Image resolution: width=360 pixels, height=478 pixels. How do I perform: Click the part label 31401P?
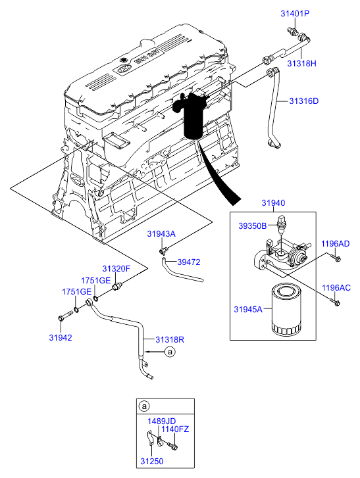point(295,13)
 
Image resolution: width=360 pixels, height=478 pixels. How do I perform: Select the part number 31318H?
point(301,63)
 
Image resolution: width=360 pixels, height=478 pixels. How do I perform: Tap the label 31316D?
point(303,101)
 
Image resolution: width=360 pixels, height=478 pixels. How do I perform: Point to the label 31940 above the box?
point(273,203)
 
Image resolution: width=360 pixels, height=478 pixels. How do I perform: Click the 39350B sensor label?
point(252,226)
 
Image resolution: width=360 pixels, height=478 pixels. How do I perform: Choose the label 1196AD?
point(335,244)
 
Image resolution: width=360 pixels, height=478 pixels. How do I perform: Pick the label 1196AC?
point(336,288)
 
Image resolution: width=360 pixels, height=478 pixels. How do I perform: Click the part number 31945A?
point(248,310)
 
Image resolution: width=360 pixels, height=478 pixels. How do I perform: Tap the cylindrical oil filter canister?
point(286,310)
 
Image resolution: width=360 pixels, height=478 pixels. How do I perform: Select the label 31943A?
point(161,234)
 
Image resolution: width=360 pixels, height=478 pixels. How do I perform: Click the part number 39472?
point(189,262)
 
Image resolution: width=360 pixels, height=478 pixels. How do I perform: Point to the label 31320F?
point(116,269)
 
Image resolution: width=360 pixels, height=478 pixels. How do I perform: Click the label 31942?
point(61,338)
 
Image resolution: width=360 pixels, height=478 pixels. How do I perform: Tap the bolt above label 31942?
point(64,316)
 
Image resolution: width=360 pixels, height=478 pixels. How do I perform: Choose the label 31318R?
point(170,340)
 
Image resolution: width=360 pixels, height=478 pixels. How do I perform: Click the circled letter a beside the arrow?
point(170,352)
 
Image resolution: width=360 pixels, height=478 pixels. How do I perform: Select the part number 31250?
point(152,462)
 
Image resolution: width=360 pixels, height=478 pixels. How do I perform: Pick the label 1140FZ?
point(175,429)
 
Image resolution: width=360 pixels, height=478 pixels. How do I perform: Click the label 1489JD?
point(162,421)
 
